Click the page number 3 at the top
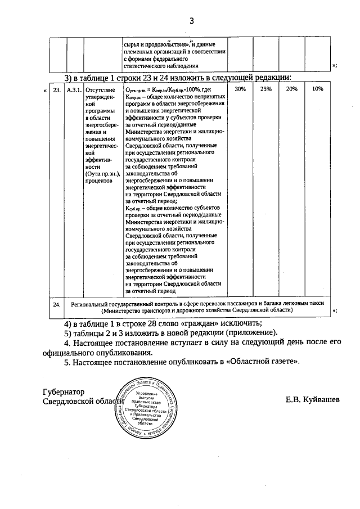pyautogui.click(x=191, y=21)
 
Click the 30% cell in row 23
pyautogui.click(x=240, y=89)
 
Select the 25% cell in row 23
pyautogui.click(x=266, y=89)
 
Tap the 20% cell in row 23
pyautogui.click(x=292, y=89)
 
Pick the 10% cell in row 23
pyautogui.click(x=318, y=89)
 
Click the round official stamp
pyautogui.click(x=147, y=408)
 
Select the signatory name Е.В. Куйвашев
pyautogui.click(x=313, y=400)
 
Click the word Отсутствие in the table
pyautogui.click(x=100, y=89)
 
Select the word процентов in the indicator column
pyautogui.click(x=101, y=181)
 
